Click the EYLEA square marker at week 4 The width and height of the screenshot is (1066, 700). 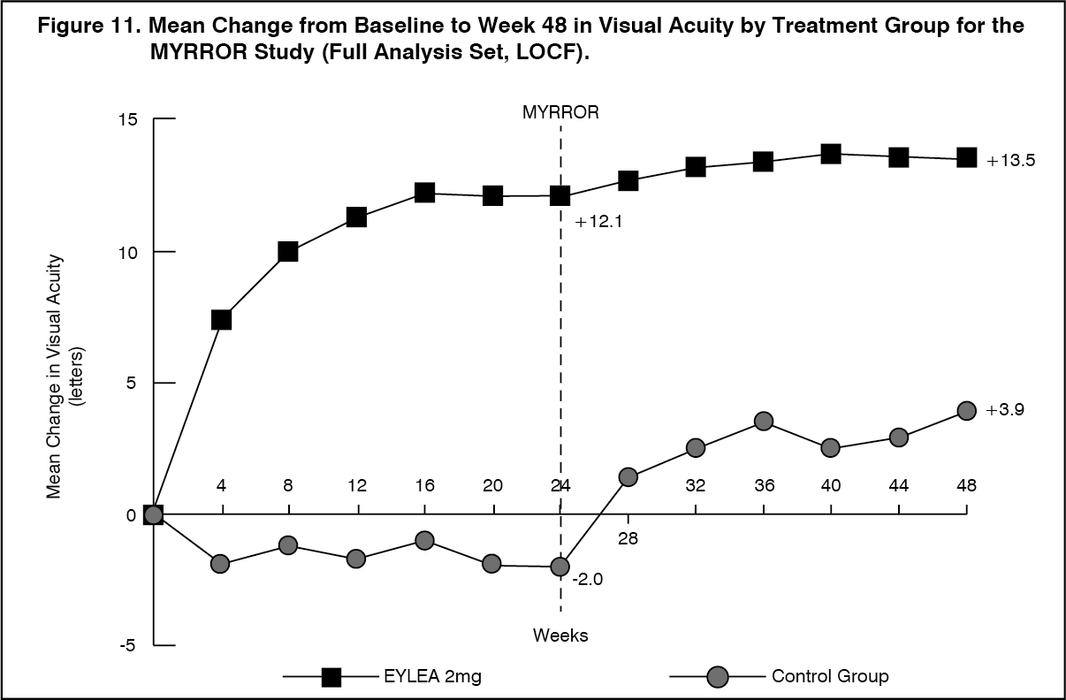[x=221, y=319]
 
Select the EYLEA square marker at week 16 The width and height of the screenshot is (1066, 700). [x=424, y=193]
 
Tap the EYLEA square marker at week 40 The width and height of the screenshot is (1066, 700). [x=831, y=155]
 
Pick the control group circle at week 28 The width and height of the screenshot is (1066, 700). [x=628, y=477]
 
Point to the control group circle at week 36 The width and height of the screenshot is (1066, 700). [x=764, y=421]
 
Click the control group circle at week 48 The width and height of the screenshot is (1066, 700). [x=967, y=410]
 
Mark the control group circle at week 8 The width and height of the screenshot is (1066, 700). [x=288, y=545]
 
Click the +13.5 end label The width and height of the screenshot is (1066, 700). [x=1010, y=161]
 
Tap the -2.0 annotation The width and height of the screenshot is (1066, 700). [x=587, y=580]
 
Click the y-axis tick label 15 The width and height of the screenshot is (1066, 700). [x=128, y=119]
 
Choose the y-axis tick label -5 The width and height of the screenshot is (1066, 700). [x=128, y=646]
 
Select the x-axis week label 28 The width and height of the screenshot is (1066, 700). [x=628, y=537]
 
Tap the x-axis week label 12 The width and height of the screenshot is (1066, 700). [x=357, y=485]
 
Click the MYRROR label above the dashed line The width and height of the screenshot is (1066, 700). [x=560, y=112]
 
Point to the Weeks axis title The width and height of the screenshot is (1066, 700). [x=560, y=635]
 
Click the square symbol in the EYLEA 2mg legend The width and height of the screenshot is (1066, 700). [x=331, y=677]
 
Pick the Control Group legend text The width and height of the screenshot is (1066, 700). [x=830, y=677]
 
